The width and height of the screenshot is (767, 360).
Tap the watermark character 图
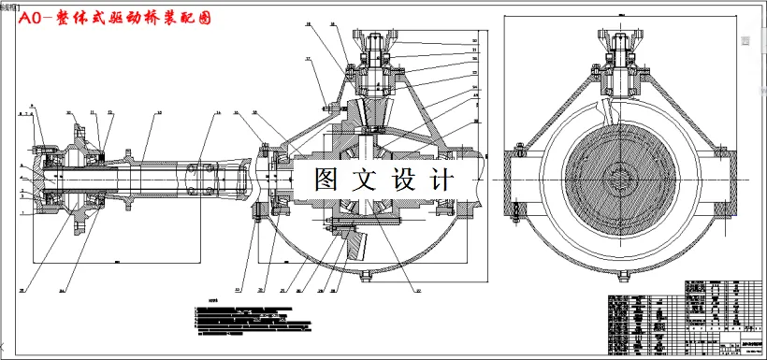tap(330, 180)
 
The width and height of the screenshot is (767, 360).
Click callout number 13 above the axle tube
tap(157, 113)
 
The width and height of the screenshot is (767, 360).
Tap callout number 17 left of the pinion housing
tap(308, 59)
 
